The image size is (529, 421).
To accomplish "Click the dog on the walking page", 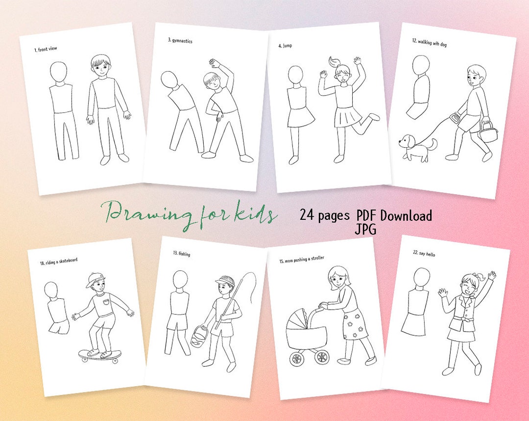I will click(416, 148).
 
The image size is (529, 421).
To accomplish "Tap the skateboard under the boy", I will click(100, 354).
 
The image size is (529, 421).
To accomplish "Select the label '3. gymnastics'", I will click(180, 41).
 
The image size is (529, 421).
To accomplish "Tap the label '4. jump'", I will click(286, 46).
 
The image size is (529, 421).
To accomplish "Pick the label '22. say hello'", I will click(424, 254).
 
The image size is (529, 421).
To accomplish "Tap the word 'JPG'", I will click(366, 229).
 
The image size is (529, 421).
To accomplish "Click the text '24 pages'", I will click(325, 215).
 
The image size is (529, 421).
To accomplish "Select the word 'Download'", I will click(406, 215).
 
